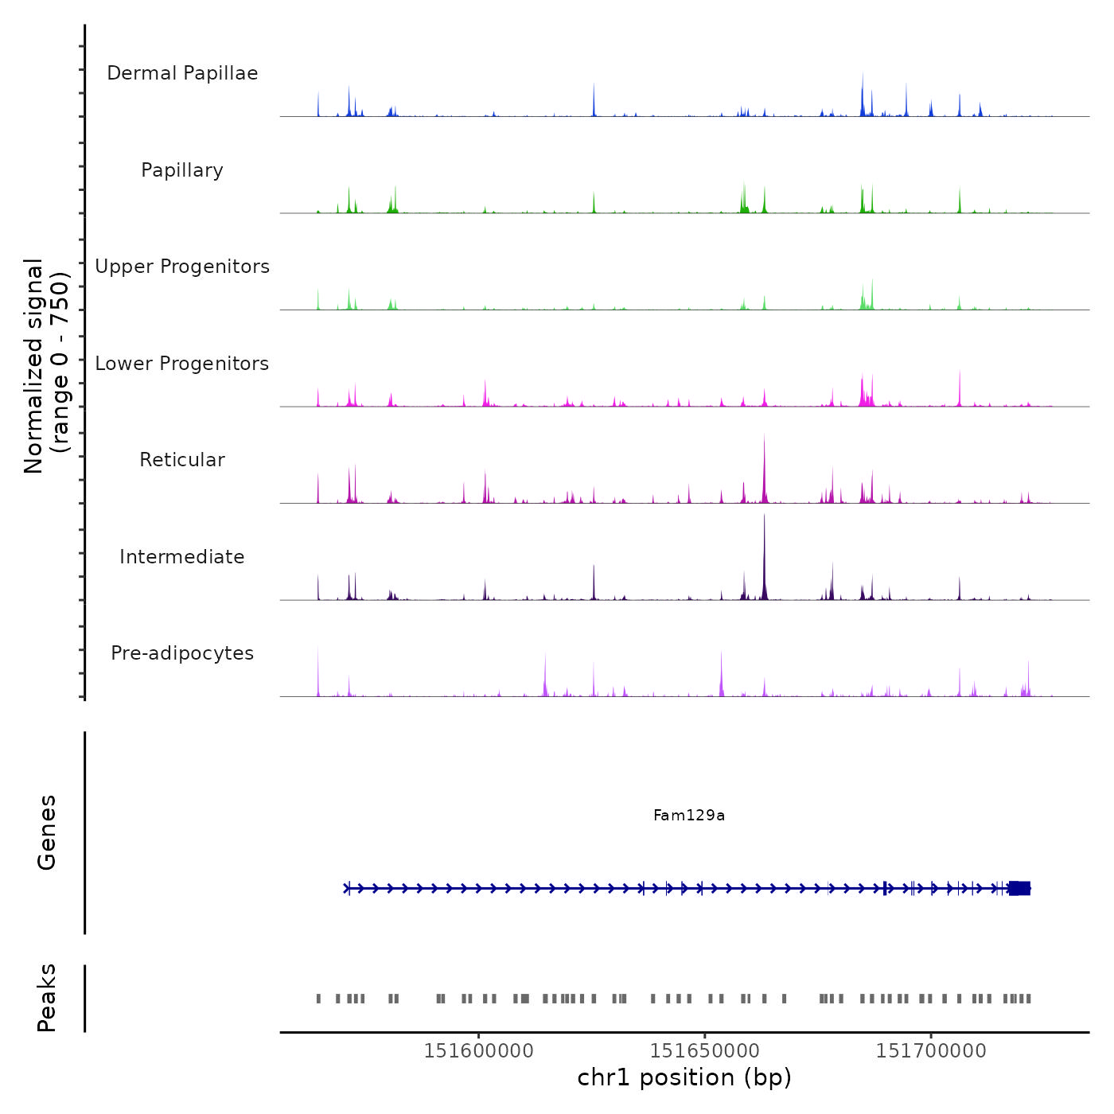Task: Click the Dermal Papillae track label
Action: point(182,73)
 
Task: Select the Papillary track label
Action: point(182,170)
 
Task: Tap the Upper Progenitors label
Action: point(182,267)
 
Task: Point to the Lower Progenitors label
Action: point(182,364)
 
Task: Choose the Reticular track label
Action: point(182,460)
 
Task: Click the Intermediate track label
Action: point(182,557)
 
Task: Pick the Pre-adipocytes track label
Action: point(182,653)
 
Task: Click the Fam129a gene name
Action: point(689,816)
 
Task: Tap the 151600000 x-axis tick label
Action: point(479,1051)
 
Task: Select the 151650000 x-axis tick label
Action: point(705,1051)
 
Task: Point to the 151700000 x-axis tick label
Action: point(931,1051)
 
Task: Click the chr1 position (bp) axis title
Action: point(684,1077)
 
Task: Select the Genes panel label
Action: point(47,832)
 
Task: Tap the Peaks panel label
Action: point(47,998)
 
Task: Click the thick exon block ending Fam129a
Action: point(1020,888)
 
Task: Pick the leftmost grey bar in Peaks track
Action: point(318,999)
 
